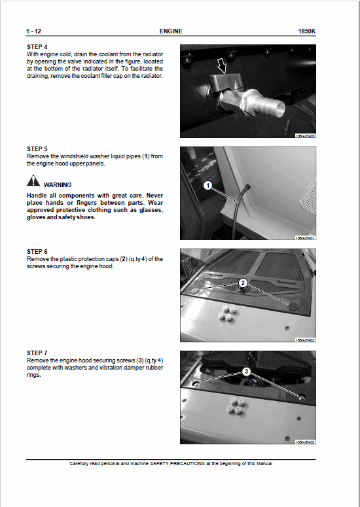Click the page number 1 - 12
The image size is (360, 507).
coord(33,31)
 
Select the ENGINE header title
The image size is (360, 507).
coord(171,31)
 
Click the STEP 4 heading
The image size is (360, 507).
coord(37,47)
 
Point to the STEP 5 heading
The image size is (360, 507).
coord(37,149)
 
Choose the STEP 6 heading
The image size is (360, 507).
coord(37,251)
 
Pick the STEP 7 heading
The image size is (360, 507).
coord(37,353)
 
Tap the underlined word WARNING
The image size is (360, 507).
coord(58,185)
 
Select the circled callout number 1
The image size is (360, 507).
coord(207,186)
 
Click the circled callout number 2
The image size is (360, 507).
coord(242,283)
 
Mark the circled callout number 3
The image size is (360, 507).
coord(246,371)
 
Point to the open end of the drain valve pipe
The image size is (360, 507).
coord(275,106)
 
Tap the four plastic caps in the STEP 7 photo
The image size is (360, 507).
coord(234,405)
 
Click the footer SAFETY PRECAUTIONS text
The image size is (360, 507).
coord(171,464)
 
